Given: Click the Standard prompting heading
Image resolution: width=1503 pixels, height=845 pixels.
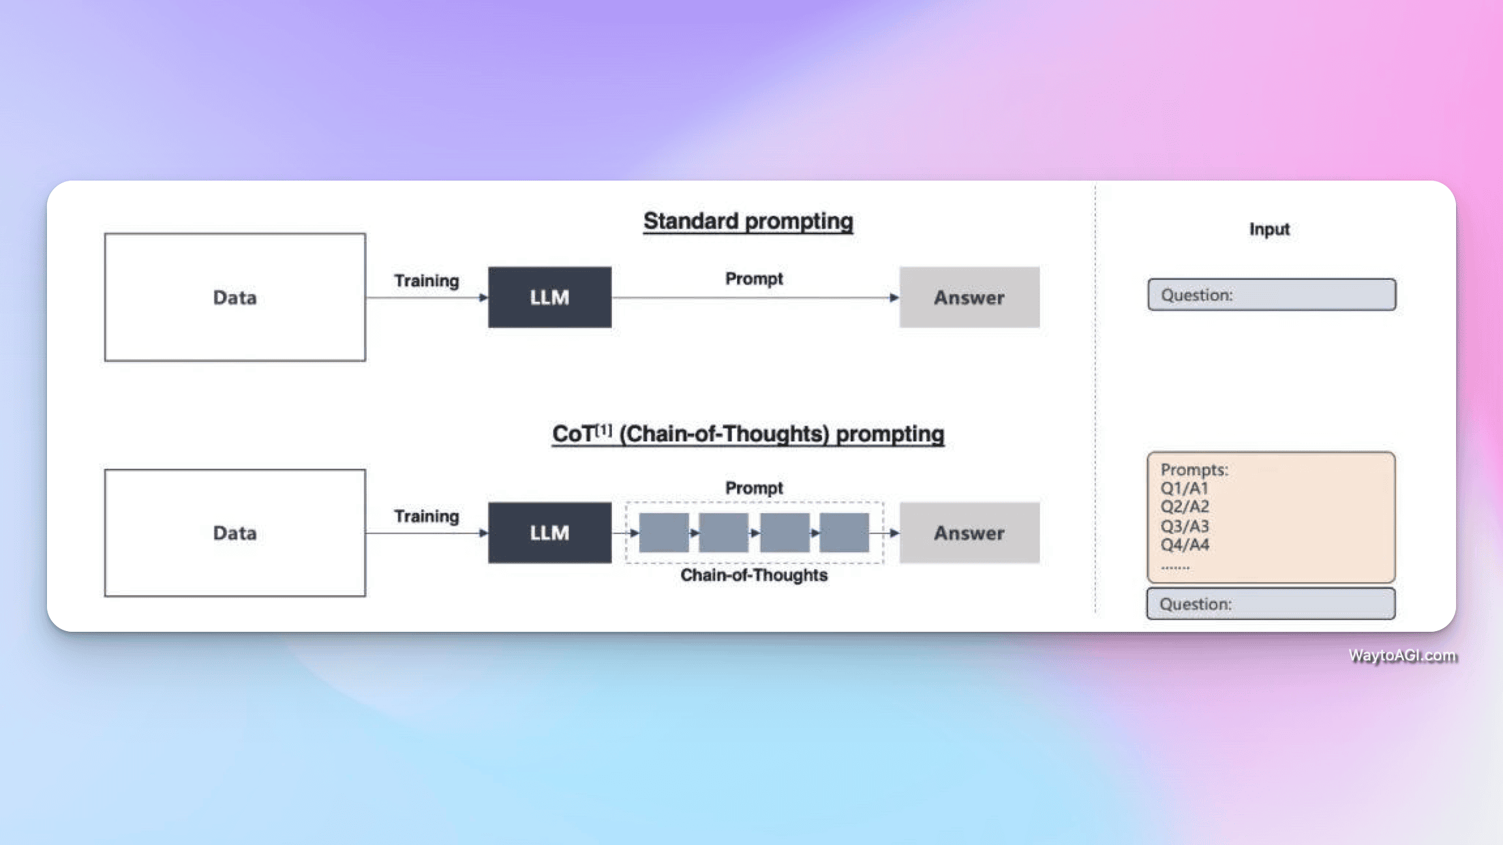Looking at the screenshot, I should click(x=748, y=222).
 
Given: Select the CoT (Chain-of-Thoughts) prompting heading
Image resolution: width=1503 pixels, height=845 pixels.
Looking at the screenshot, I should click(x=748, y=434).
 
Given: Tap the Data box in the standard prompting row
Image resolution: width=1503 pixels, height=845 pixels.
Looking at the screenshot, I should click(x=235, y=297).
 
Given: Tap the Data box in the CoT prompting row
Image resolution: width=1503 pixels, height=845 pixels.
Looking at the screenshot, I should click(x=235, y=533).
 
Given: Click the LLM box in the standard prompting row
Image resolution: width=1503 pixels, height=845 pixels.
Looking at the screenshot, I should click(x=549, y=297).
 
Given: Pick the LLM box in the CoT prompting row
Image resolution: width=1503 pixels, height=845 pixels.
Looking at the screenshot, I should click(x=549, y=533).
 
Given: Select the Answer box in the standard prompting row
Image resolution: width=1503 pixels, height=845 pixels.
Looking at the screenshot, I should click(x=969, y=297).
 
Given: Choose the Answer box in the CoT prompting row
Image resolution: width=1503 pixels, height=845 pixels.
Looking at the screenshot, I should click(x=969, y=533).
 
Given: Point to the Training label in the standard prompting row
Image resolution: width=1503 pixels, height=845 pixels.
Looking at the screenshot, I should click(x=427, y=281).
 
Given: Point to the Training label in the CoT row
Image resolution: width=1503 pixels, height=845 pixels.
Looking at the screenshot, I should click(x=427, y=516).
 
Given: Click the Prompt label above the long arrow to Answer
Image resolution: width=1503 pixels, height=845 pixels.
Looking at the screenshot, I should click(x=754, y=279).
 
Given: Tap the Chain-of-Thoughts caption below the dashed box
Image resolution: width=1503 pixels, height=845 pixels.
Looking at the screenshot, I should click(x=754, y=575).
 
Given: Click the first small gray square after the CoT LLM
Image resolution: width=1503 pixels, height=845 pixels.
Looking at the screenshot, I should click(x=663, y=533).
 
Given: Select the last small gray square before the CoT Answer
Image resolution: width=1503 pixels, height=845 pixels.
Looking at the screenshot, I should click(x=844, y=533).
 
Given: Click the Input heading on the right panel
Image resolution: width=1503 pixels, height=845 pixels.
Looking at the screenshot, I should click(x=1269, y=230).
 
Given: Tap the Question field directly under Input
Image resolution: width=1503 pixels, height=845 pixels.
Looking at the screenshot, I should click(x=1271, y=295).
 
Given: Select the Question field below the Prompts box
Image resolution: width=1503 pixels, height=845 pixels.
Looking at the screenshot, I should click(x=1271, y=604).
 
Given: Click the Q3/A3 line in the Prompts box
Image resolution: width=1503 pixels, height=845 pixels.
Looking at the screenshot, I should click(x=1185, y=526).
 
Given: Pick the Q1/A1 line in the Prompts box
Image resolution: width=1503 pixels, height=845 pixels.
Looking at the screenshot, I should click(x=1185, y=488).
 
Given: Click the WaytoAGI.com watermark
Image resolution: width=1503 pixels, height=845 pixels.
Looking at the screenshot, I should click(x=1402, y=655).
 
